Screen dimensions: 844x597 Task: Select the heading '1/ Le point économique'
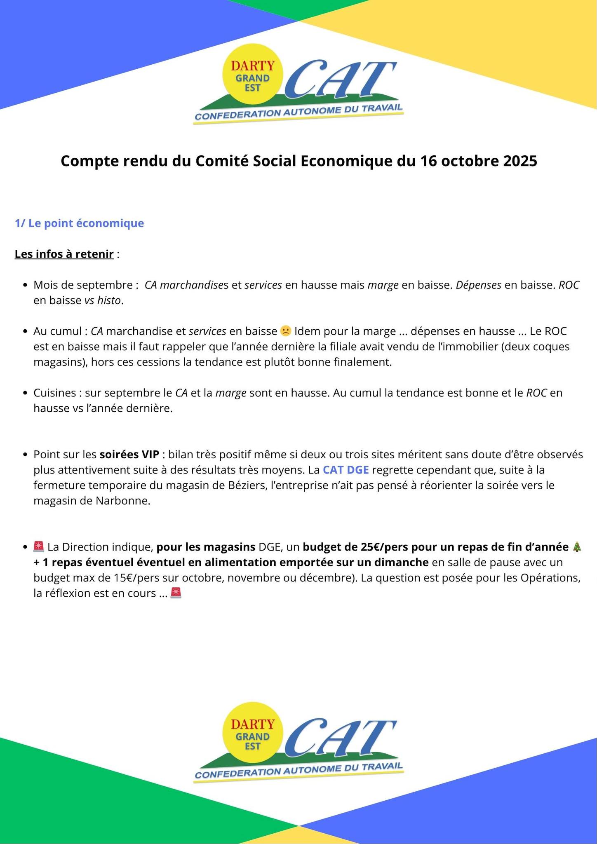(80, 223)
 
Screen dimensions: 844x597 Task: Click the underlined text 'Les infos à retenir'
(64, 254)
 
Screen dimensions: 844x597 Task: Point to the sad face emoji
(285, 331)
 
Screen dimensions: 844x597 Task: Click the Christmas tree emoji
(577, 547)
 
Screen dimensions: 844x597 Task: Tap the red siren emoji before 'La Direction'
(39, 547)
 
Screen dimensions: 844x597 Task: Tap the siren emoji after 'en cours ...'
(176, 593)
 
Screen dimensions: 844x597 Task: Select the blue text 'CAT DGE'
(346, 470)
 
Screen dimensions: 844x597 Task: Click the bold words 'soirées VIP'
(129, 455)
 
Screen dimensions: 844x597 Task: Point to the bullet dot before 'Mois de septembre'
(26, 285)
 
